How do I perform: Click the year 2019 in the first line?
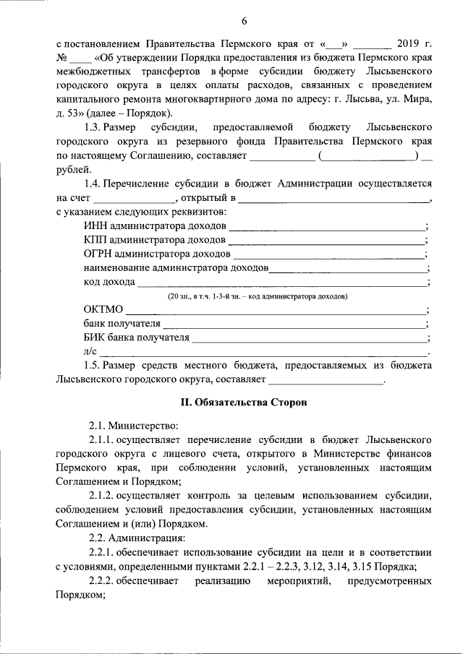[409, 45]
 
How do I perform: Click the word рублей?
[72, 169]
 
